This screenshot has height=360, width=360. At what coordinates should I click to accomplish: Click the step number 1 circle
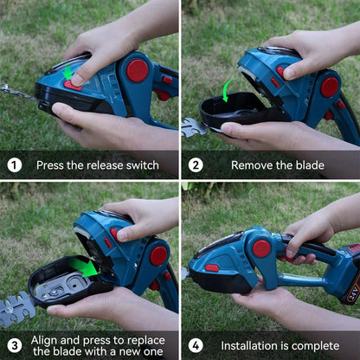15,164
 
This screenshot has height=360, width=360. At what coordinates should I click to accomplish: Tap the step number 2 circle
196,164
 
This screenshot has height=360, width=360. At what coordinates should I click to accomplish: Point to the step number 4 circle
196,345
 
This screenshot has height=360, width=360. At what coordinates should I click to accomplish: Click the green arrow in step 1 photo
68,73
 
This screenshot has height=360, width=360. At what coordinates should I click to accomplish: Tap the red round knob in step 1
138,70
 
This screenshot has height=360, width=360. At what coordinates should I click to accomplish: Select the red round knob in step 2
330,87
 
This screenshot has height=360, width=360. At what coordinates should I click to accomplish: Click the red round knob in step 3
157,255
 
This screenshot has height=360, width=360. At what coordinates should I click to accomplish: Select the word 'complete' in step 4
313,346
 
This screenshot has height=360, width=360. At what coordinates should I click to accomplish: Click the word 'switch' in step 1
142,165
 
